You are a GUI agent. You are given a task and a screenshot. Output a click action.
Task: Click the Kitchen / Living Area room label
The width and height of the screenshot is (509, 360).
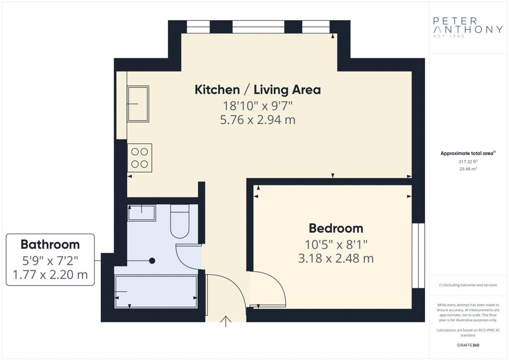[258, 90]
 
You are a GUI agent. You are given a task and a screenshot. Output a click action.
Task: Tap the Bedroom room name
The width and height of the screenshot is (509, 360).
[336, 228]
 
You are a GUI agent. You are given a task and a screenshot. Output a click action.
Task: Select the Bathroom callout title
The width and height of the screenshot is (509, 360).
[50, 245]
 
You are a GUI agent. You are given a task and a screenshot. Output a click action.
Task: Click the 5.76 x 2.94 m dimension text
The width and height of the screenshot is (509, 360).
[258, 120]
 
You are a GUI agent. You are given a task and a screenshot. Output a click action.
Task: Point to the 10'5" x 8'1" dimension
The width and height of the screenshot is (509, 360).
[336, 244]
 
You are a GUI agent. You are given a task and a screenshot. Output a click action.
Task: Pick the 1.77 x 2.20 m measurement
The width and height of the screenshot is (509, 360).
[50, 274]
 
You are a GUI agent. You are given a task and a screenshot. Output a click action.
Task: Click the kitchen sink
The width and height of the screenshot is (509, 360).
[138, 103]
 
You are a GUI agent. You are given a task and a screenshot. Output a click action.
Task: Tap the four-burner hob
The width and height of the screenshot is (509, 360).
[140, 158]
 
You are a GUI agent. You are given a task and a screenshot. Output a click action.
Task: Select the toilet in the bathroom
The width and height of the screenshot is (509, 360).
[179, 221]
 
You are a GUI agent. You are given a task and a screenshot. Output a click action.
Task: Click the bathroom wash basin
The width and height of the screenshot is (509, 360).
[142, 213]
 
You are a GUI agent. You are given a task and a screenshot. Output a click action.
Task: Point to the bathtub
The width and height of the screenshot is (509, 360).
[156, 291]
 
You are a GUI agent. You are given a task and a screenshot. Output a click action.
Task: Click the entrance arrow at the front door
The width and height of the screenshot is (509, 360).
[226, 321]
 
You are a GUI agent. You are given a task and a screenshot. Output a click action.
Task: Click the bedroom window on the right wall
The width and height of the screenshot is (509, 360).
[418, 256]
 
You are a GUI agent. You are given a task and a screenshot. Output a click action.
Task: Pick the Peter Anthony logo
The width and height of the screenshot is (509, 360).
[468, 27]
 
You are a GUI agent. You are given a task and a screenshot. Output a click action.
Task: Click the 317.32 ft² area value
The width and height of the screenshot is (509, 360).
[468, 161]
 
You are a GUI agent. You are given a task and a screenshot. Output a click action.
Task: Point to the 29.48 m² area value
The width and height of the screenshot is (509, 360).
[468, 169]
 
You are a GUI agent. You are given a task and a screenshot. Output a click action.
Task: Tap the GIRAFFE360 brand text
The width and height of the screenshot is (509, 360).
[468, 345]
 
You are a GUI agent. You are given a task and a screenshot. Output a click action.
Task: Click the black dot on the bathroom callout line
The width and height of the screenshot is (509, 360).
[152, 261]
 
